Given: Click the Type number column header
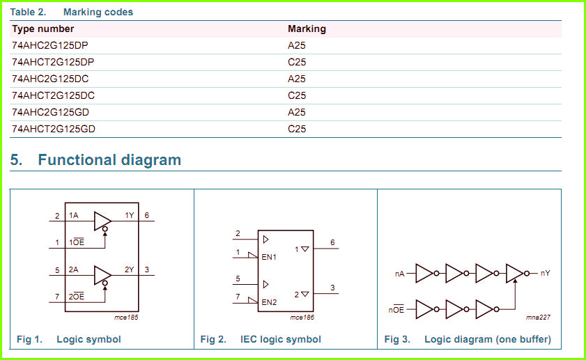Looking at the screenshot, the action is (43, 29).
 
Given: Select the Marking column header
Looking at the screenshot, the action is (307, 29).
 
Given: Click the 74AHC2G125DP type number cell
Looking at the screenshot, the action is (50, 45).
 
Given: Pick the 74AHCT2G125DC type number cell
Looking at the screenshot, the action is (53, 95).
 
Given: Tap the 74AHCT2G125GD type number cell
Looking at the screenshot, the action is (54, 129).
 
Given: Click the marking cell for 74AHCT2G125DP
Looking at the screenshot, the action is (297, 62).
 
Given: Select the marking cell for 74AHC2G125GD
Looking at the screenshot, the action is (297, 112).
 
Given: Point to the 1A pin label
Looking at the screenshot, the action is (74, 215).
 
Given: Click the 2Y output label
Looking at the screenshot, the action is (130, 269).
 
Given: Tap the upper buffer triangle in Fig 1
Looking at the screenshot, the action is (102, 221).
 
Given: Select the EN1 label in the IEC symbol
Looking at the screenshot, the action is (269, 257).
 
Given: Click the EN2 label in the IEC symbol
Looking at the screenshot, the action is (269, 302).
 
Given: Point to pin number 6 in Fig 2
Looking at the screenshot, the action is (332, 243).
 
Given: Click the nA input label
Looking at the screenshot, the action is (399, 274).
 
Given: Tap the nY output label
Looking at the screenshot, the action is (546, 273).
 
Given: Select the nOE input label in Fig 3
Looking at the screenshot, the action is (396, 310).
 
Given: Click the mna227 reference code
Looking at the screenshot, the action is (538, 318).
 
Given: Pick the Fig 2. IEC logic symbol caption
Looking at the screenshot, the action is (261, 340).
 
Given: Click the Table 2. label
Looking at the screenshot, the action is (28, 12).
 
